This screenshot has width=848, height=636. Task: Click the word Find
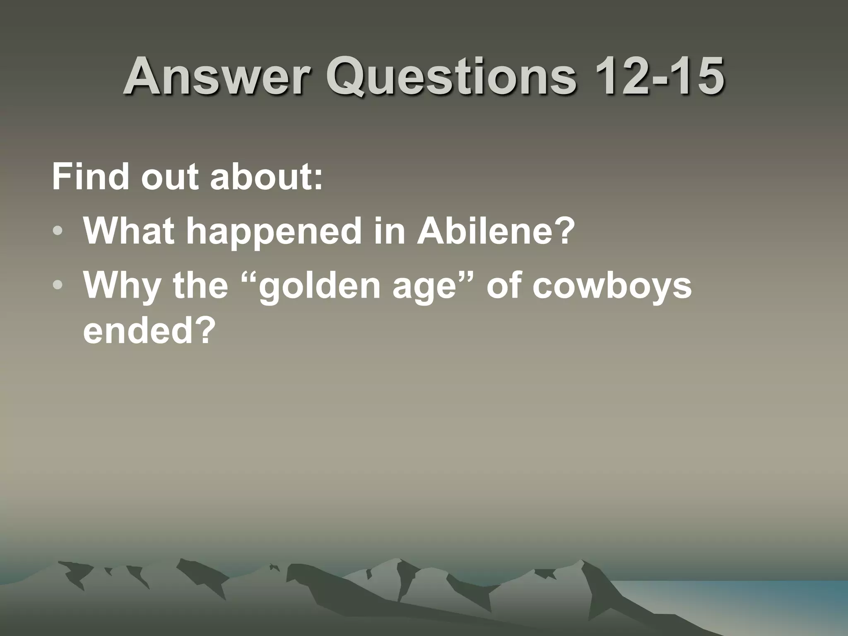[92, 177]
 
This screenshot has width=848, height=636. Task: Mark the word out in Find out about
[169, 177]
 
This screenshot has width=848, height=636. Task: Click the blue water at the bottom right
[745, 592]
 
